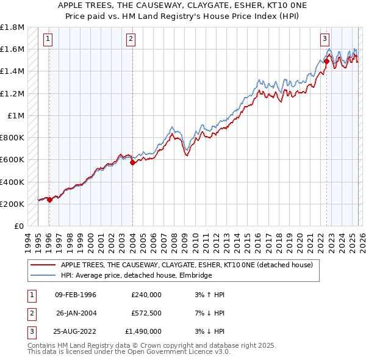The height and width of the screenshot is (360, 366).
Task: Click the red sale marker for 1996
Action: coord(49,200)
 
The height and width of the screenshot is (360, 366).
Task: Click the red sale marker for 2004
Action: coord(132,162)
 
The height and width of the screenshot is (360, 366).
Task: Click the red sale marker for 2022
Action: coord(326,61)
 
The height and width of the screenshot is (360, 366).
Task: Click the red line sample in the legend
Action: coord(43,265)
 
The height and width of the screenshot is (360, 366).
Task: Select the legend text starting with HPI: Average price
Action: coord(136,276)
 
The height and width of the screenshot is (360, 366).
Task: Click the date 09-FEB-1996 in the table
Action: coord(76,295)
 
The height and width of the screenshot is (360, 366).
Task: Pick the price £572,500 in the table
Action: coord(146,313)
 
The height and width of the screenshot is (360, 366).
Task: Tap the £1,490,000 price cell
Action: coord(143,331)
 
